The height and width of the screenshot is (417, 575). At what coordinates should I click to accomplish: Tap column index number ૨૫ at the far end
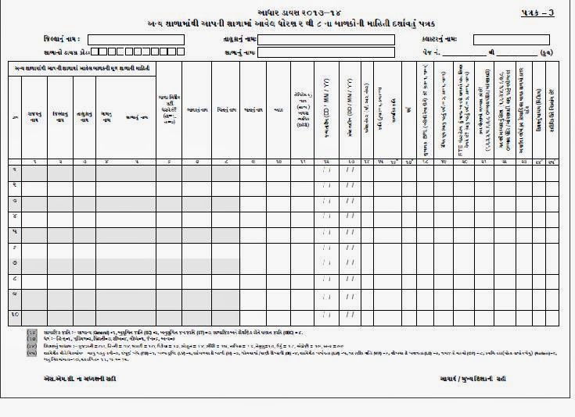[x=552, y=162]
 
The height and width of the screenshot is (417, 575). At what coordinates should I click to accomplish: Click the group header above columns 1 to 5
[x=81, y=69]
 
